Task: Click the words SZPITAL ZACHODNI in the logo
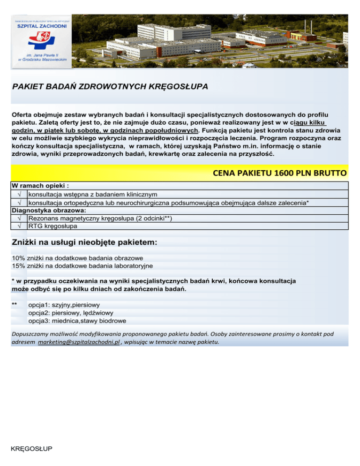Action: (42, 27)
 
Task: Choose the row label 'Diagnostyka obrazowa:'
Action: (45, 210)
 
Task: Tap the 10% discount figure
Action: (18, 257)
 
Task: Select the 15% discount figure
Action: (18, 265)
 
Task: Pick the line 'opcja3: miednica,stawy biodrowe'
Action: (77, 321)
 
